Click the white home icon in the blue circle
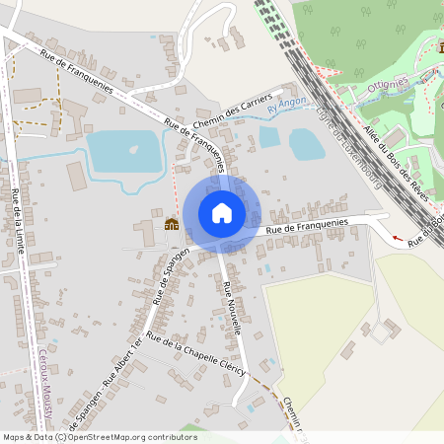pyautogui.click(x=221, y=212)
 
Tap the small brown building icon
pyautogui.click(x=172, y=224)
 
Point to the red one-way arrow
pyautogui.click(x=398, y=238)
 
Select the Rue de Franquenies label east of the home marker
pyautogui.click(x=306, y=230)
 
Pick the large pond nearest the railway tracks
pyautogui.click(x=307, y=144)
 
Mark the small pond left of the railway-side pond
pyautogui.click(x=269, y=137)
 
